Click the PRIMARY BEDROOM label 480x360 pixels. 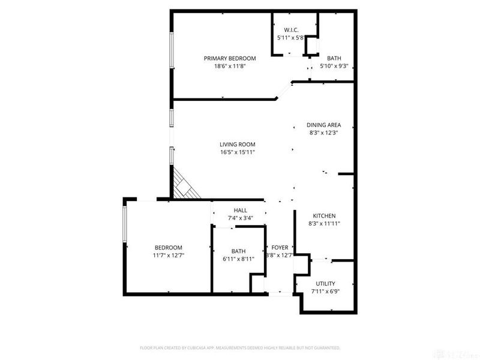click(230, 58)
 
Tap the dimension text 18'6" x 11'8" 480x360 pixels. click(230, 67)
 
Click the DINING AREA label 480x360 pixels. click(323, 125)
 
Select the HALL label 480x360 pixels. click(241, 210)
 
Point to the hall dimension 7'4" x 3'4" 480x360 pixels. click(241, 218)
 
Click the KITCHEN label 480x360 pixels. click(324, 216)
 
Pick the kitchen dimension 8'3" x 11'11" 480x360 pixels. click(324, 224)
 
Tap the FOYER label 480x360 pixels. click(280, 247)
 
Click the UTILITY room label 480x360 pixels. click(325, 283)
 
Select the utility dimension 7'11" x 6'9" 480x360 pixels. click(325, 292)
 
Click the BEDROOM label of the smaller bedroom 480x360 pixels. click(169, 247)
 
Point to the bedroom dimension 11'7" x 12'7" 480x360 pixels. click(169, 256)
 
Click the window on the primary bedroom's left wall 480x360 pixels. click(172, 50)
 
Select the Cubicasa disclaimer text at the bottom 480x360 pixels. click(240, 347)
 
